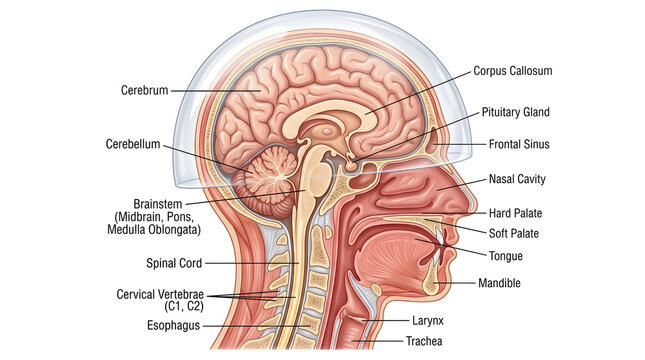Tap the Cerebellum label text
[133, 144]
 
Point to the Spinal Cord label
[174, 264]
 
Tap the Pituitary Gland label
[516, 113]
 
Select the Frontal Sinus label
[519, 145]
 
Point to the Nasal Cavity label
[517, 180]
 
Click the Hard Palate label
[514, 214]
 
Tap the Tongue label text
[506, 256]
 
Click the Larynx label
[429, 321]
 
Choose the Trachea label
[432, 341]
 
